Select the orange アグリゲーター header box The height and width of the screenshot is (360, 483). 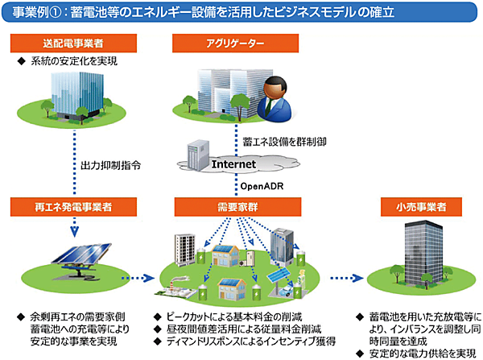point(231,42)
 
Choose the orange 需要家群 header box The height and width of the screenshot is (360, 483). point(231,207)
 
